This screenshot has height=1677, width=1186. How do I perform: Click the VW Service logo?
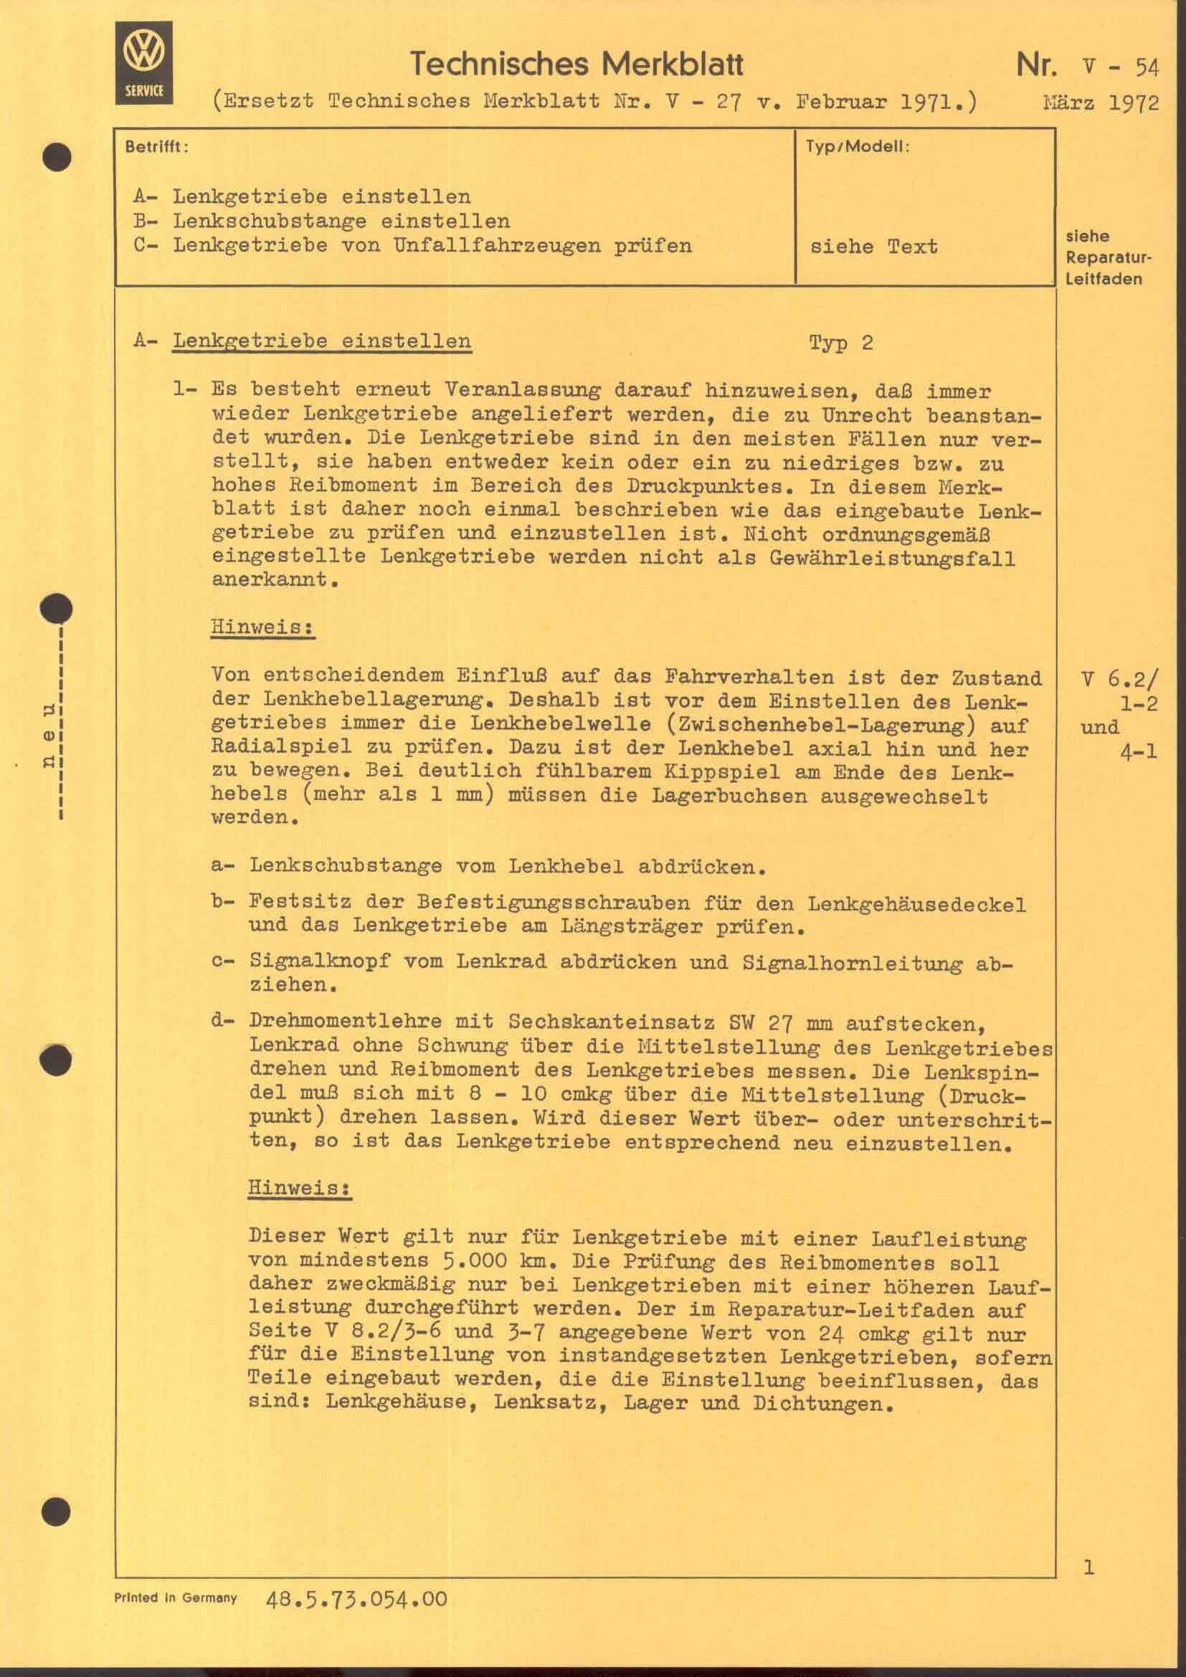point(144,63)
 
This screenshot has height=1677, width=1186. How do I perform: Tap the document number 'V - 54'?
point(1121,68)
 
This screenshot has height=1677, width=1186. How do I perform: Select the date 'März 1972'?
point(1101,103)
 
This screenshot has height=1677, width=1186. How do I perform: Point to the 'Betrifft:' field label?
point(156,147)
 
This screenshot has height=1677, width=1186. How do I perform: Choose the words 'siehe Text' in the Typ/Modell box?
point(873,247)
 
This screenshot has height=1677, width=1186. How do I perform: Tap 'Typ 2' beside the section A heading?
point(840,343)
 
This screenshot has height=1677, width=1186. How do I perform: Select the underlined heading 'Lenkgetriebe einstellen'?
point(321,342)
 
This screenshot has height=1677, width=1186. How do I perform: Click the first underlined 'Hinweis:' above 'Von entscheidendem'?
point(262,627)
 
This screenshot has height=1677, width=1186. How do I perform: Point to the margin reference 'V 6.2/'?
point(1119,679)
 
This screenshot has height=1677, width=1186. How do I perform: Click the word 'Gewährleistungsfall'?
point(892,559)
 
